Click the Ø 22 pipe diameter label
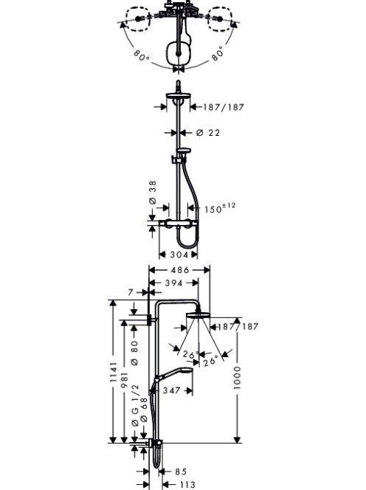tap(208, 133)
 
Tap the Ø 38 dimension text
tap(153, 193)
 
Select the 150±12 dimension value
tap(220, 208)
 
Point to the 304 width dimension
tap(179, 255)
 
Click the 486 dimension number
tap(180, 269)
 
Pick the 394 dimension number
tap(173, 283)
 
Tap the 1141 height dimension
tap(113, 376)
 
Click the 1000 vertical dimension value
tap(238, 378)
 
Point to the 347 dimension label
tap(171, 390)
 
